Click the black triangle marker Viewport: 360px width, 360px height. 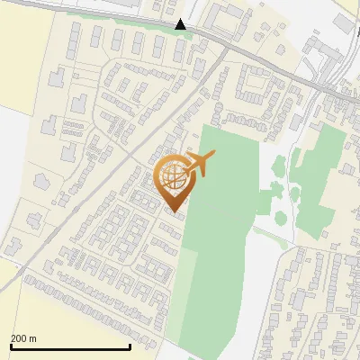[181, 24]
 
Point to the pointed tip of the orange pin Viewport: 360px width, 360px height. [174, 211]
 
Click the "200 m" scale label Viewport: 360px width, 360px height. [23, 338]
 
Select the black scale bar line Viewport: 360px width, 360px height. [70, 347]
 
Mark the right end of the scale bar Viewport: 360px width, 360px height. [130, 347]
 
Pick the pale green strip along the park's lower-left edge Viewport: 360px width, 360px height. [180, 306]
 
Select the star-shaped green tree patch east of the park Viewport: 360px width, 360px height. [279, 166]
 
